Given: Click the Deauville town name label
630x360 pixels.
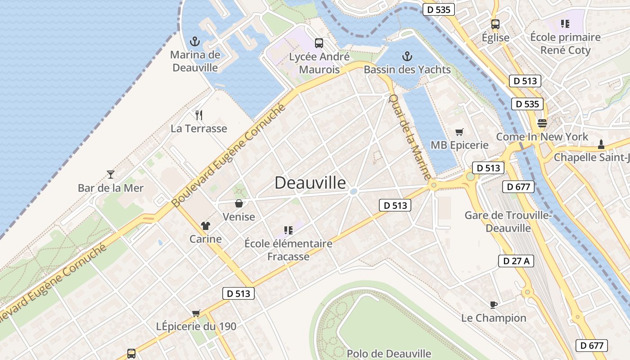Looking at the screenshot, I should pyautogui.click(x=310, y=183).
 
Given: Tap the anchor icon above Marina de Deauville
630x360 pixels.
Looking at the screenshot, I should pyautogui.click(x=195, y=42).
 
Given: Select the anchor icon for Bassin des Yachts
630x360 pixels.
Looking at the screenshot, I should pyautogui.click(x=407, y=56).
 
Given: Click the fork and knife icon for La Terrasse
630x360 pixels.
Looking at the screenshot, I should pyautogui.click(x=199, y=115).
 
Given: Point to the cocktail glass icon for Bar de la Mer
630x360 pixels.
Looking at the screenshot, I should pyautogui.click(x=111, y=174).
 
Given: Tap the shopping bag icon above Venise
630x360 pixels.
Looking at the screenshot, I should pyautogui.click(x=239, y=203).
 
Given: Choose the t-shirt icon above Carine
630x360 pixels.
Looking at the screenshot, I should pyautogui.click(x=206, y=225).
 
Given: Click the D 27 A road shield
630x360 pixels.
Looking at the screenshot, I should pyautogui.click(x=516, y=261).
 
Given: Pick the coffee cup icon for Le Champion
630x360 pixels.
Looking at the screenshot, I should pyautogui.click(x=494, y=305).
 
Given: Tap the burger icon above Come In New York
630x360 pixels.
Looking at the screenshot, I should pyautogui.click(x=542, y=123).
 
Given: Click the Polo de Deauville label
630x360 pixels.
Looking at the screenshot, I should pyautogui.click(x=389, y=354).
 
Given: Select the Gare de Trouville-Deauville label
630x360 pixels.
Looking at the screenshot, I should pyautogui.click(x=508, y=221).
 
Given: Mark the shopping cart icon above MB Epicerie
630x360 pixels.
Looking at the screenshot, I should pyautogui.click(x=459, y=132).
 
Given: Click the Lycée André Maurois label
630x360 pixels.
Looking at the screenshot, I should pyautogui.click(x=319, y=63).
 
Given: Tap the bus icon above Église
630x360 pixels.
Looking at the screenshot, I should pyautogui.click(x=495, y=24).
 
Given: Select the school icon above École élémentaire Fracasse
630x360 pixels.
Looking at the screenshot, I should pyautogui.click(x=288, y=230).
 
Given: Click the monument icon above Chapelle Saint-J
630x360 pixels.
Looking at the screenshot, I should pyautogui.click(x=601, y=144).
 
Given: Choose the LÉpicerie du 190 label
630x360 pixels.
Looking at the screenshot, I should pyautogui.click(x=196, y=326).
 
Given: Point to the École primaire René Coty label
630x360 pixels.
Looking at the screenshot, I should pyautogui.click(x=565, y=44).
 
